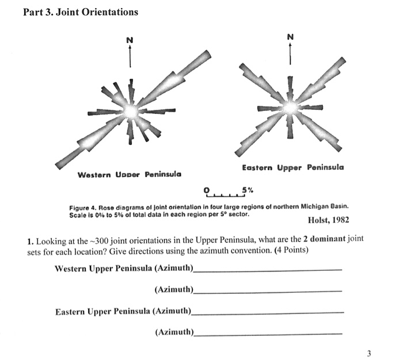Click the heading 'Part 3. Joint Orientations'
(x=81, y=12)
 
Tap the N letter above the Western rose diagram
(x=130, y=39)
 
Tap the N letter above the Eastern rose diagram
(x=290, y=36)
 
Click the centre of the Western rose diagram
(x=131, y=109)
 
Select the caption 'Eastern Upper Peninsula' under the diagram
(x=293, y=167)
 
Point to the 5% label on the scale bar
(x=247, y=189)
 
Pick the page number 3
(x=369, y=353)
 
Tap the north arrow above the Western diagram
(x=130, y=55)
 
